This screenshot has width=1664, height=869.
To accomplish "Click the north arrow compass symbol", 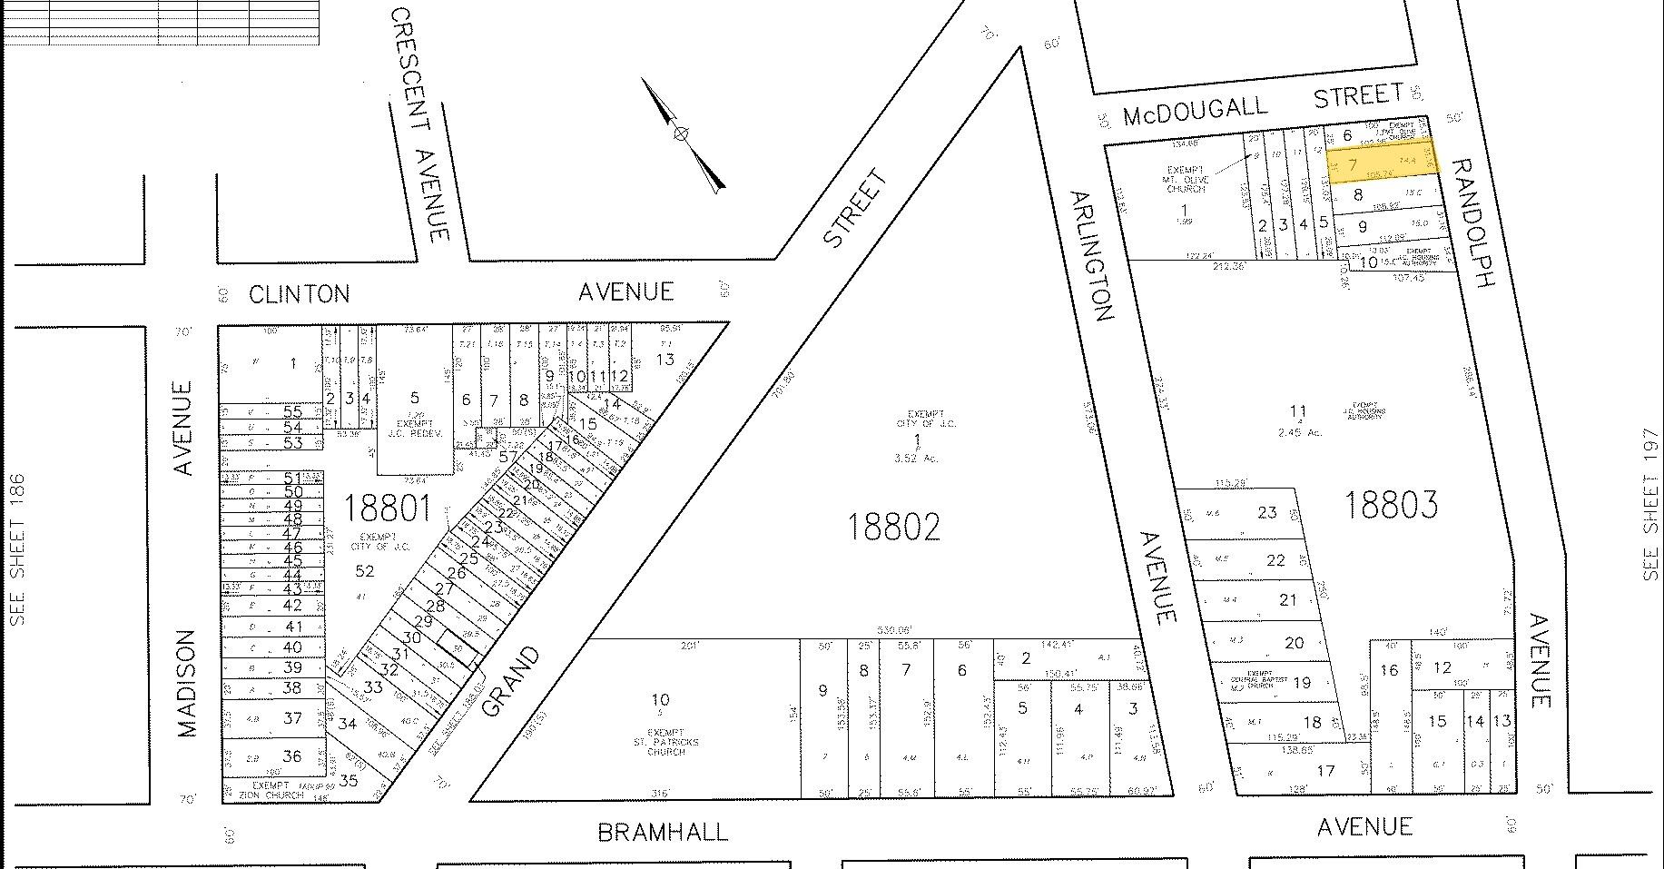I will pos(681,133).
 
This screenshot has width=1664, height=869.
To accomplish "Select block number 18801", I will pos(387,508).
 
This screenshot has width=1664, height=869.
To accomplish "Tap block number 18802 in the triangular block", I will pos(893,527).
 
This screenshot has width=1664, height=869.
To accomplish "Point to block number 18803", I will pos(1390,504).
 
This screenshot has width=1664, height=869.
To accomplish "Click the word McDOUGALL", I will pos(1195,111).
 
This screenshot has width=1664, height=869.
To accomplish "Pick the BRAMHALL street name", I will pos(663,832).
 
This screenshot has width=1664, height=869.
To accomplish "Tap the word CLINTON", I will pos(299,294).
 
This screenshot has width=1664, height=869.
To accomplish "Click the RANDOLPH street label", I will pos(1472,223).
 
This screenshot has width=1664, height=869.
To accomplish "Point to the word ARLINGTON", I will pos(1090,256).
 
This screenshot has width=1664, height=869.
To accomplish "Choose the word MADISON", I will pos(187,671).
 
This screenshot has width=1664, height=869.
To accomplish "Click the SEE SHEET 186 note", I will pos(17,549).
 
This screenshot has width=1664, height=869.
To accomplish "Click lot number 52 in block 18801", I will pos(365,570).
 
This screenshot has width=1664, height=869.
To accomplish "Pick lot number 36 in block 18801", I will pos(291,755).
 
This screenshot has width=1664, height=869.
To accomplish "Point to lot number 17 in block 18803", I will pos(1325,771).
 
